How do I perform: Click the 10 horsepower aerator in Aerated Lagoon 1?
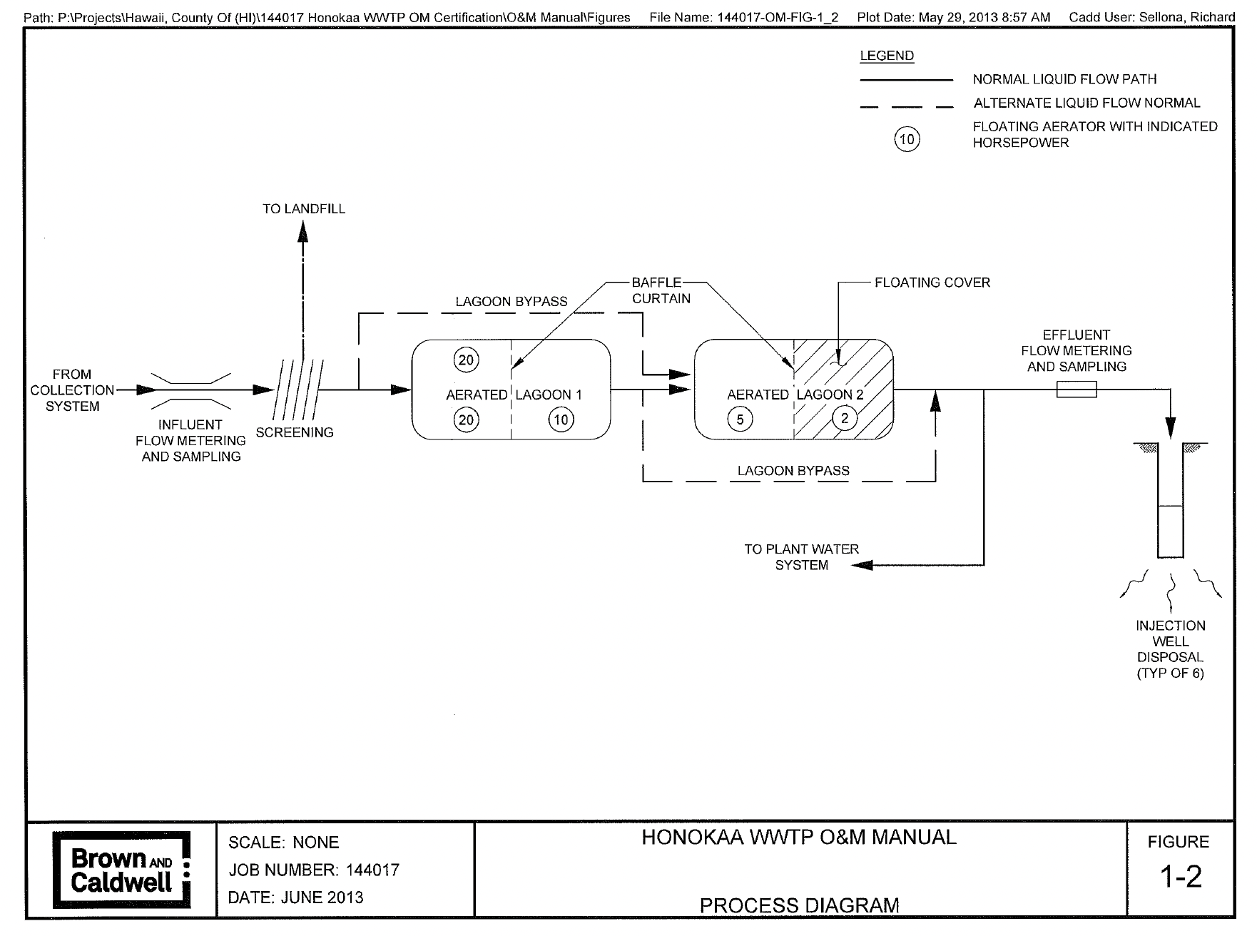tap(561, 419)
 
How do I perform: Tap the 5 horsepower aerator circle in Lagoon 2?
tap(740, 419)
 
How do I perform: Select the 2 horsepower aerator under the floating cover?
tap(845, 419)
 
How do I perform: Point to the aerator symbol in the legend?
tap(907, 139)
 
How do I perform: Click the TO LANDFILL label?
tap(304, 209)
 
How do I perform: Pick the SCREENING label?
tap(295, 432)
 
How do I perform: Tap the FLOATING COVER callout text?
tap(932, 283)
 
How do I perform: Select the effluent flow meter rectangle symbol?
tap(1077, 390)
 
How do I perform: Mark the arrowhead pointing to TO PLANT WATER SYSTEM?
tap(862, 565)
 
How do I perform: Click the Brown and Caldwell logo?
tap(122, 870)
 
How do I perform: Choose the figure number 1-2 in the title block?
tap(1179, 877)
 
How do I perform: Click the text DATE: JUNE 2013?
tap(295, 897)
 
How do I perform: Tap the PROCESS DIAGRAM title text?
tap(799, 905)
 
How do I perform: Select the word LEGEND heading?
tap(887, 56)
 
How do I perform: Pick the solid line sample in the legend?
tap(906, 79)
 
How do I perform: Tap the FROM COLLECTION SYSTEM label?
tap(72, 390)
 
